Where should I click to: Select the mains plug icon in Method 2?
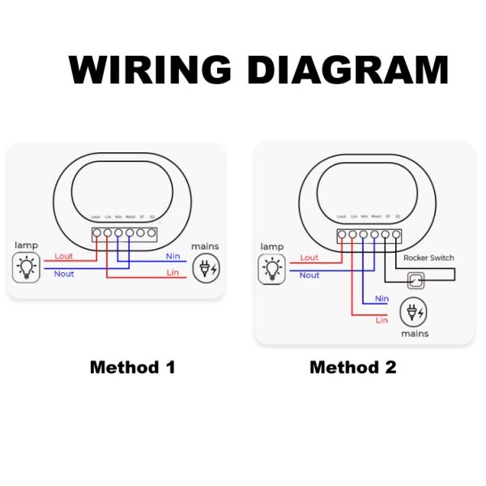pyautogui.click(x=413, y=313)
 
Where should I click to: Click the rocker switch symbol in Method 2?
pyautogui.click(x=415, y=280)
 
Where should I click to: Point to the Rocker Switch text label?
pyautogui.click(x=428, y=258)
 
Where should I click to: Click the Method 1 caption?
pyautogui.click(x=132, y=367)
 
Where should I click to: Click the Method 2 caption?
pyautogui.click(x=353, y=367)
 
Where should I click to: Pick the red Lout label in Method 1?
pyautogui.click(x=63, y=256)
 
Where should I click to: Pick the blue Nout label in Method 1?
pyautogui.click(x=63, y=275)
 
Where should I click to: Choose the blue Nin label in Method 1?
pyautogui.click(x=173, y=256)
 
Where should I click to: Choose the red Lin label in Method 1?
pyautogui.click(x=173, y=273)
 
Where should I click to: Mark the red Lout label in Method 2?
pyautogui.click(x=309, y=258)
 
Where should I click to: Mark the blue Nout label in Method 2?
pyautogui.click(x=309, y=275)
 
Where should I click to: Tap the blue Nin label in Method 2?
pyautogui.click(x=382, y=299)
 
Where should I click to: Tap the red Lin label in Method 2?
pyautogui.click(x=382, y=320)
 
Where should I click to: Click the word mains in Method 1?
pyautogui.click(x=205, y=246)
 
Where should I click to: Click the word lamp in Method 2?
pyautogui.click(x=272, y=246)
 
